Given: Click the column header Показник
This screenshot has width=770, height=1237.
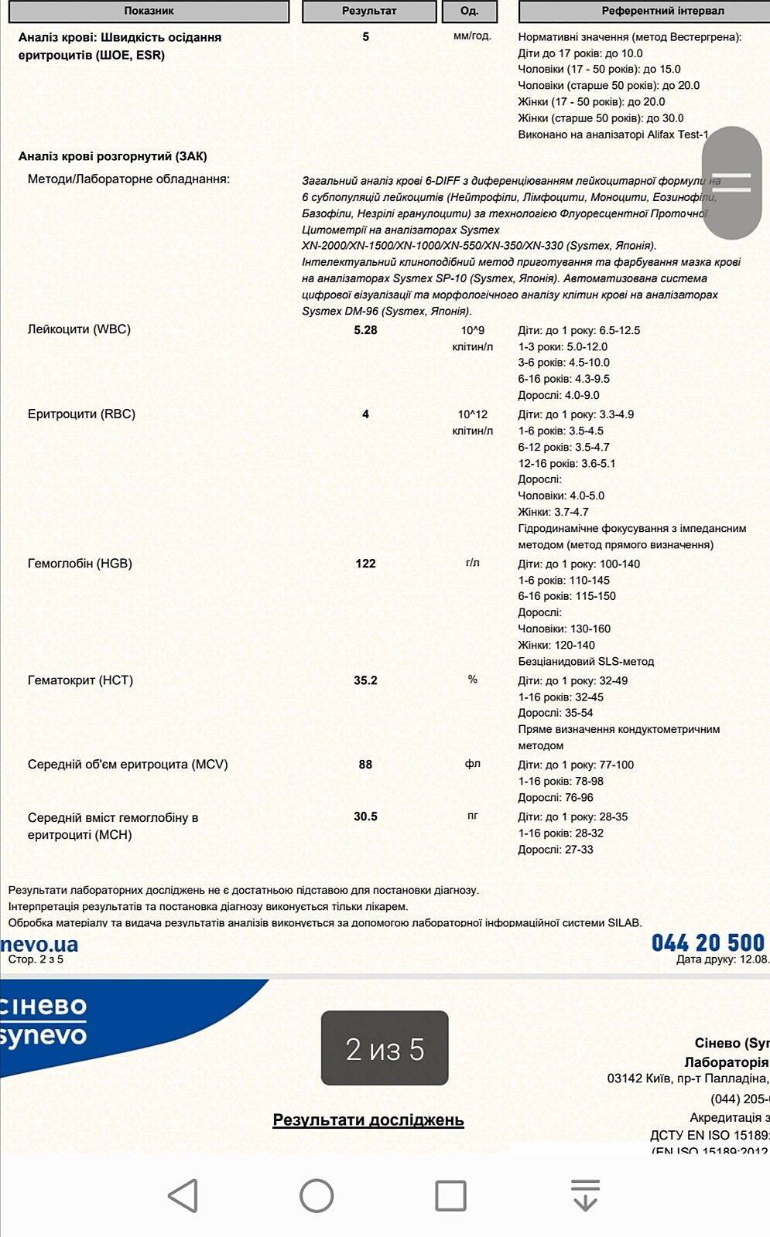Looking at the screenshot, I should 149,11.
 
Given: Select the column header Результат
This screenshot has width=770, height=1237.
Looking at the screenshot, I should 369,11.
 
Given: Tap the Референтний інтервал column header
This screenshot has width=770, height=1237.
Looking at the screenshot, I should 662,11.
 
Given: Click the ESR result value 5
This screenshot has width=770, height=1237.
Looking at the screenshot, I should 366,37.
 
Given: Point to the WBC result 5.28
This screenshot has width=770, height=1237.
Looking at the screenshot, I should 365,330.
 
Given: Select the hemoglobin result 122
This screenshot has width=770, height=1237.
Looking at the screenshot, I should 365,564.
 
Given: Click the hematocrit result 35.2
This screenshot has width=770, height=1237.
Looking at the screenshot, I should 365,680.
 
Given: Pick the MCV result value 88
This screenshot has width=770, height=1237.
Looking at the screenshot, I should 365,765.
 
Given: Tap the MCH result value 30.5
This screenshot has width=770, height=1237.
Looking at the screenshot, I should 365,816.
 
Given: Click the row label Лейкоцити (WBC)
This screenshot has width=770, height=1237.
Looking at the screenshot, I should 79,329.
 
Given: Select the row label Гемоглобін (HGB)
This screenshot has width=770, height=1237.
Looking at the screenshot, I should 80,564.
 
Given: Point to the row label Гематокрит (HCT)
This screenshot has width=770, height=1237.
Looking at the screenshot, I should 80,680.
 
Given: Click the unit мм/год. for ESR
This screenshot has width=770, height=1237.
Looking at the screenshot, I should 472,36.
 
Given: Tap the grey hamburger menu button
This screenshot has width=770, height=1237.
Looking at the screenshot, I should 731,182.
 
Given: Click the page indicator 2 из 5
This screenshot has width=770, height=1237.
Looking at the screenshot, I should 385,1048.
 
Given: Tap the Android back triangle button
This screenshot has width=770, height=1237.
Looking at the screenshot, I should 183,1195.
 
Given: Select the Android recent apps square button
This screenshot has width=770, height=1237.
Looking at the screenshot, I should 450,1195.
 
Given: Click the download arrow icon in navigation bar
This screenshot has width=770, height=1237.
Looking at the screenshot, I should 585,1195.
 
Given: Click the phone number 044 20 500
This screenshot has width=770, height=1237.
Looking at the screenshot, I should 707,943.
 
